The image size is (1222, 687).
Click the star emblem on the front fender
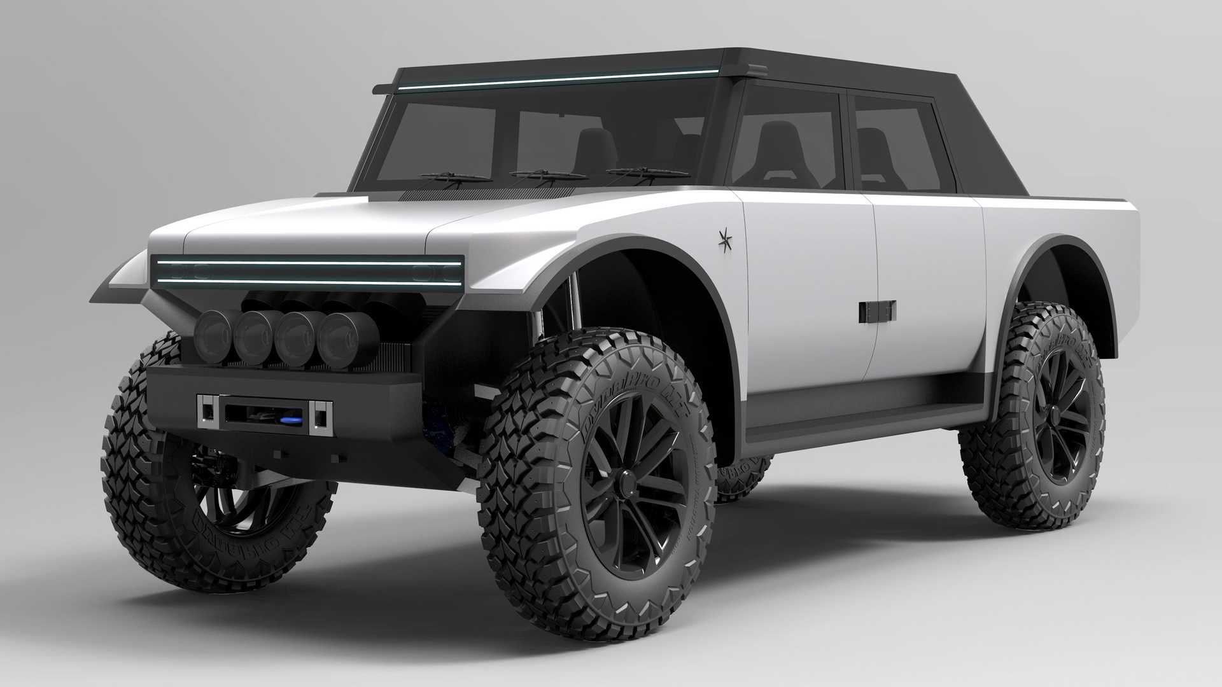pyautogui.click(x=724, y=239)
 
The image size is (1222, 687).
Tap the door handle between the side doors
pyautogui.click(x=877, y=310)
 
